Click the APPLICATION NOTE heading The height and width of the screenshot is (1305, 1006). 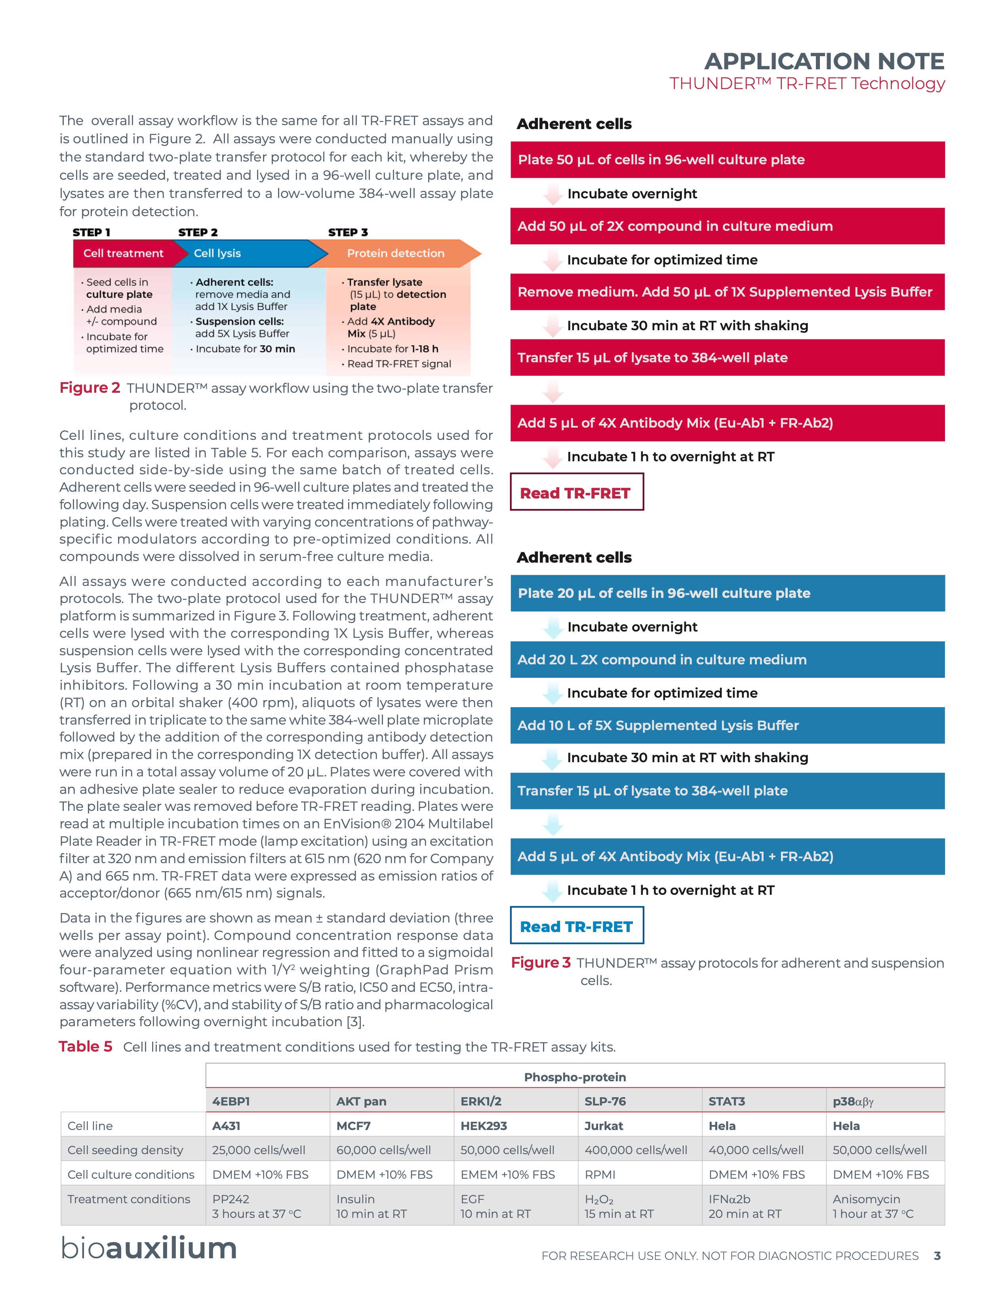(x=824, y=61)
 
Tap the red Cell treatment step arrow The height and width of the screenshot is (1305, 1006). (x=123, y=253)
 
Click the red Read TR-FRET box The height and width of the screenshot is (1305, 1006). (x=576, y=493)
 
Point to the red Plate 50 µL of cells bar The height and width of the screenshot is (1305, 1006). (x=727, y=160)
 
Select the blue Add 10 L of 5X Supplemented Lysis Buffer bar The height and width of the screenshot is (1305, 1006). (x=727, y=725)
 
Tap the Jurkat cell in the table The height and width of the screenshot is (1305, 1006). (x=604, y=1126)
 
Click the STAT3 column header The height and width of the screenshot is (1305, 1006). (x=726, y=1101)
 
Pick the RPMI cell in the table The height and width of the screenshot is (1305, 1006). (x=600, y=1175)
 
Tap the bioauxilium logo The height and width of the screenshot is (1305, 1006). (x=149, y=1248)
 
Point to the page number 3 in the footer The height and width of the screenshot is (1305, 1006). (x=937, y=1256)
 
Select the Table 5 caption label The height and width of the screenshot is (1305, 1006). (x=86, y=1046)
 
